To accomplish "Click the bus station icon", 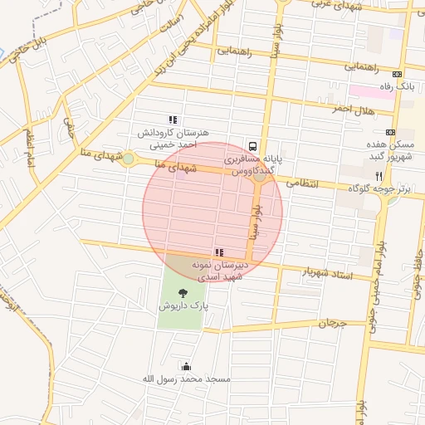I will click(x=252, y=142).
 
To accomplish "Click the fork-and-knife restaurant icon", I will click(x=379, y=175).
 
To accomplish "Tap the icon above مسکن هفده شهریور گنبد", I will click(x=390, y=132).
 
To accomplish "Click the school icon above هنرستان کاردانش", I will click(x=173, y=120).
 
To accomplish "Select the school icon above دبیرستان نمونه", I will click(x=218, y=252).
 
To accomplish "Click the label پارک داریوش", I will click(x=183, y=305).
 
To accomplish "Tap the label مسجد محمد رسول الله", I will click(x=184, y=379).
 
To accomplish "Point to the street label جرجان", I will click(x=331, y=322).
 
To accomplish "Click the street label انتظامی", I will click(x=302, y=182).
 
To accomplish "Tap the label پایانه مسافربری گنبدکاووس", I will click(x=252, y=163).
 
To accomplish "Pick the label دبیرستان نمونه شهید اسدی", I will click(x=217, y=271).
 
